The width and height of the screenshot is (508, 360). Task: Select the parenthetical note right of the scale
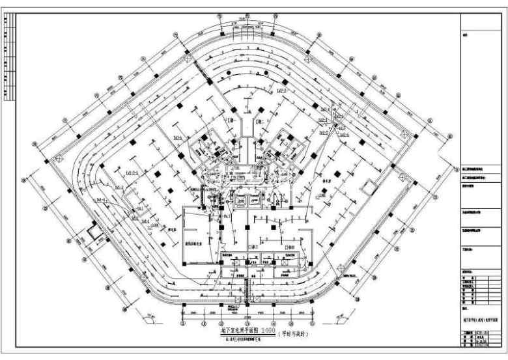point(296,335)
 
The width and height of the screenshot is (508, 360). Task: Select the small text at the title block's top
point(466,35)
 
